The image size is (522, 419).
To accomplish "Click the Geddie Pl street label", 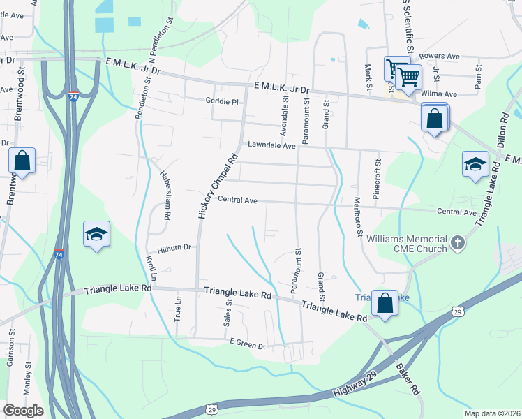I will [x=223, y=101].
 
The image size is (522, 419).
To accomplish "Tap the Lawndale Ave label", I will [x=271, y=146].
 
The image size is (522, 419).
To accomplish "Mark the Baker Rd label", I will [x=406, y=377].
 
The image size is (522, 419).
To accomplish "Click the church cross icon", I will [x=457, y=243].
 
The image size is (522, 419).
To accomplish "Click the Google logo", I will [x=23, y=411].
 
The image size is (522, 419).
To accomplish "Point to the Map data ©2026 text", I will [x=492, y=413].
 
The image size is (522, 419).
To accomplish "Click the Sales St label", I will [x=228, y=312].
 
